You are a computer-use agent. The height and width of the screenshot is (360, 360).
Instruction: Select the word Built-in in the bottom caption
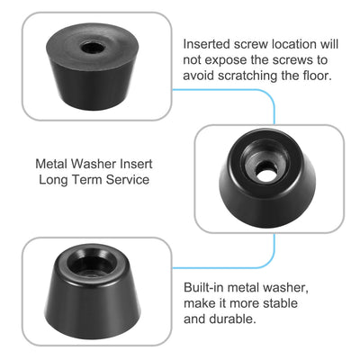coord(206,285)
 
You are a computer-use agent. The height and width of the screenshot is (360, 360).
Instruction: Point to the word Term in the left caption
coord(85,179)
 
